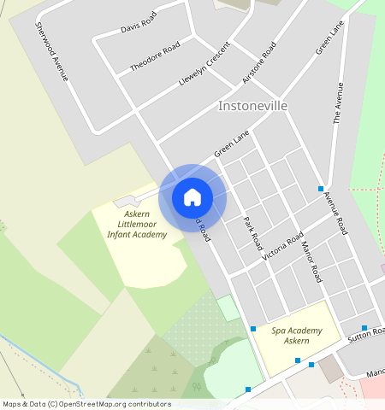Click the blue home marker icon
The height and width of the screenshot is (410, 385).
pyautogui.click(x=192, y=197)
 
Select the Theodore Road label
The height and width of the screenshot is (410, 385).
pyautogui.click(x=155, y=56)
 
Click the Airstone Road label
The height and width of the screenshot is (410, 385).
pyautogui.click(x=259, y=61)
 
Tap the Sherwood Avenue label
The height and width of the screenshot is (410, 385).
pyautogui.click(x=50, y=51)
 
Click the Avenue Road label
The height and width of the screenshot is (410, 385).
pyautogui.click(x=335, y=214)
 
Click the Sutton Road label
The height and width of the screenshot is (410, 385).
pyautogui.click(x=368, y=336)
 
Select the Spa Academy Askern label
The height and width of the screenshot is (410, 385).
pyautogui.click(x=297, y=336)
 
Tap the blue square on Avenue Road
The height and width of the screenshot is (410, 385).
pyautogui.click(x=321, y=189)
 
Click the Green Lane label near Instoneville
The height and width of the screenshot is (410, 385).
pyautogui.click(x=232, y=143)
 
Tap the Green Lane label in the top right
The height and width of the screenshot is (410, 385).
pyautogui.click(x=329, y=38)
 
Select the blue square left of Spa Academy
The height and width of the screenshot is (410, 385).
pyautogui.click(x=253, y=329)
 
